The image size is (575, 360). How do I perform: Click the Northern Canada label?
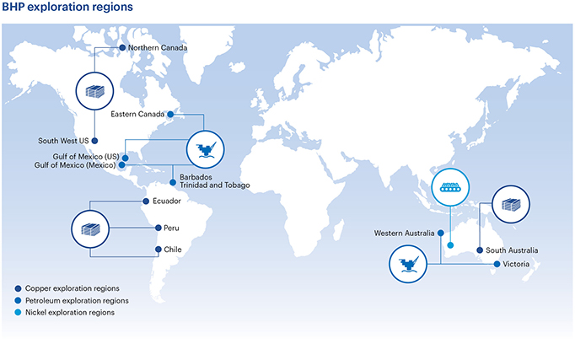pyautogui.click(x=158, y=48)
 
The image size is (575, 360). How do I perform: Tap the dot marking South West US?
pyautogui.click(x=94, y=141)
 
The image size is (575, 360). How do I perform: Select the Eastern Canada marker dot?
pyautogui.click(x=170, y=115)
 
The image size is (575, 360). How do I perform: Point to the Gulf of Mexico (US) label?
pyautogui.click(x=86, y=157)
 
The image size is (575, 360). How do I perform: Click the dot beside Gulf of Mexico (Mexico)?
pyautogui.click(x=121, y=165)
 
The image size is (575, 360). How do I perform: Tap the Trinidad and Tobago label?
pyautogui.click(x=214, y=185)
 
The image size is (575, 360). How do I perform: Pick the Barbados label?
pyautogui.click(x=196, y=177)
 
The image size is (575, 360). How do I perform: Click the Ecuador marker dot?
pyautogui.click(x=146, y=201)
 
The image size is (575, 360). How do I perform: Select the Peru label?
pyautogui.click(x=171, y=228)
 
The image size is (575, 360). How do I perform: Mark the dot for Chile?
pyautogui.click(x=158, y=250)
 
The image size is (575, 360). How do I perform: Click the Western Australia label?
pyautogui.click(x=404, y=234)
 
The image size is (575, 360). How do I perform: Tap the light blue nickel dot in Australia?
pyautogui.click(x=450, y=245)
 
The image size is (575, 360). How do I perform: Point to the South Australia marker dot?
pyautogui.click(x=479, y=250)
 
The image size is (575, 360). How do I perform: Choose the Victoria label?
pyautogui.click(x=516, y=264)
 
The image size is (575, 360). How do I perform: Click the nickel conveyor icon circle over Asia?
pyautogui.click(x=450, y=187)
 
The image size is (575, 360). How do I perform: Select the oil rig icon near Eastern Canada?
pyautogui.click(x=206, y=149)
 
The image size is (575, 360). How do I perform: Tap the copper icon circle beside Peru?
pyautogui.click(x=90, y=229)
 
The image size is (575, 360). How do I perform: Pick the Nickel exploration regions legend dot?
pyautogui.click(x=18, y=313)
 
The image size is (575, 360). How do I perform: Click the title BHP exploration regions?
pyautogui.click(x=67, y=7)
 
